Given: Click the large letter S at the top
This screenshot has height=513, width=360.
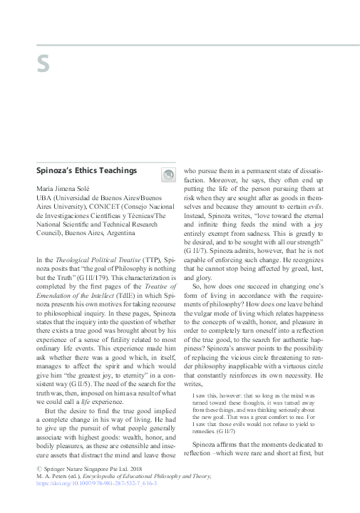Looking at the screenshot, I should (x=43, y=65).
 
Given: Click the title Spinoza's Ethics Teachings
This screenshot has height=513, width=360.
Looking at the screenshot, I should (x=86, y=171).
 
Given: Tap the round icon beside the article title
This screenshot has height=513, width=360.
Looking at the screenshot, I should (x=168, y=173).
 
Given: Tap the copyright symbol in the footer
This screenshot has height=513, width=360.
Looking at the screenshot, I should (x=38, y=482).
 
